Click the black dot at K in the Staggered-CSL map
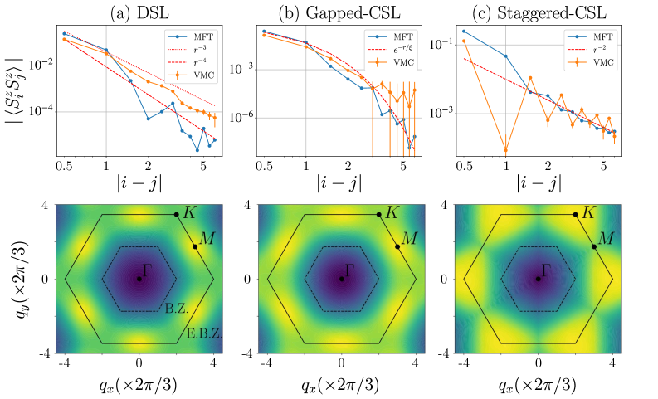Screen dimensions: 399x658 [575, 215]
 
